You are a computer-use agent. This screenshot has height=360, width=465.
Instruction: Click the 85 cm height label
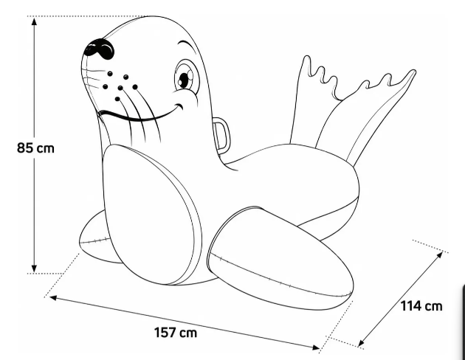click(x=35, y=148)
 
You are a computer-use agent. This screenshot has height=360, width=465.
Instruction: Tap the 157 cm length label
click(x=176, y=333)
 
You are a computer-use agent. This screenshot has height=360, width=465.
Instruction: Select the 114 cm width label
click(x=421, y=305)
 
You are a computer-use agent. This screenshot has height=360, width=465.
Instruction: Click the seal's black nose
click(x=99, y=49)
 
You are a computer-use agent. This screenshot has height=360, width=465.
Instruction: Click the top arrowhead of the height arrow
click(x=35, y=21)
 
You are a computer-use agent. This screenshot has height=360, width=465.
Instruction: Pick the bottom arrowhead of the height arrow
click(x=35, y=269)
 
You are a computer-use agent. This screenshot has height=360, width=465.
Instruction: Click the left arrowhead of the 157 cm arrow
click(x=53, y=297)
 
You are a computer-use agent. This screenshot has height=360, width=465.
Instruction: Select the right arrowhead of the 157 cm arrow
click(x=315, y=347)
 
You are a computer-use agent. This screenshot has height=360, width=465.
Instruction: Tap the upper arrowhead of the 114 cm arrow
click(x=439, y=255)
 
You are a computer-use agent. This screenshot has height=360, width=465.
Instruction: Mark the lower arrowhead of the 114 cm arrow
click(x=361, y=342)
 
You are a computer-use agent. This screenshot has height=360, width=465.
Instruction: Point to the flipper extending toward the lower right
click(x=282, y=257)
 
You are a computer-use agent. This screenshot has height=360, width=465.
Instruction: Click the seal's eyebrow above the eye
click(x=187, y=47)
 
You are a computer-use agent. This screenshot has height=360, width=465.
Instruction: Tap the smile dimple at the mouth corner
click(x=179, y=106)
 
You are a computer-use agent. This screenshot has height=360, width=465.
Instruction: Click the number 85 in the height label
click(x=25, y=148)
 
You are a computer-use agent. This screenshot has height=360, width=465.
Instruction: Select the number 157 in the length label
click(x=165, y=333)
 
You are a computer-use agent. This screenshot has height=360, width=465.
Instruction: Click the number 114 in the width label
click(x=410, y=305)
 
